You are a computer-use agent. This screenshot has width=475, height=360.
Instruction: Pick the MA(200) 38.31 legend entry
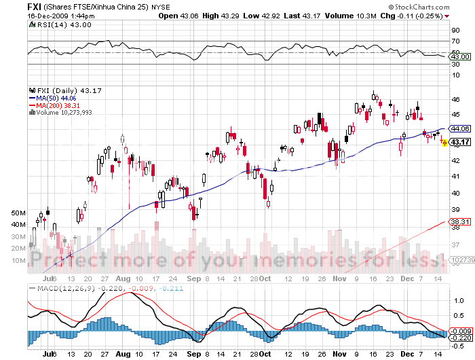pos(58,105)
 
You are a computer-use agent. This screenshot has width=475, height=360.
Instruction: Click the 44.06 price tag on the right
pos(460,128)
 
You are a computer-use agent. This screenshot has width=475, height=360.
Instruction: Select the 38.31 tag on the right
pos(460,221)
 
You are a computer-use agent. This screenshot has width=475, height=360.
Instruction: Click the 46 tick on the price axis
pos(454,99)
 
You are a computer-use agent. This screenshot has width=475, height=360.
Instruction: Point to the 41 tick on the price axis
pos(454,177)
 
